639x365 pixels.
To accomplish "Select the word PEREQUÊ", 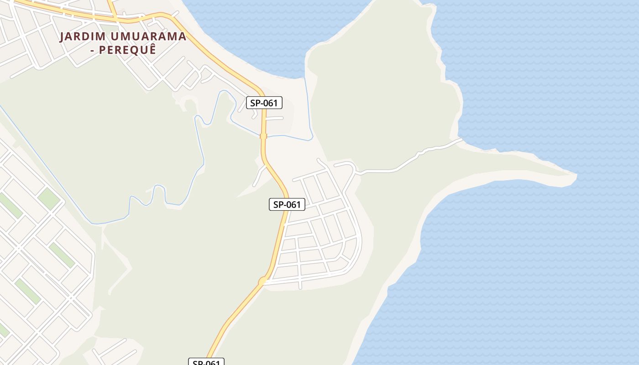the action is (x=128, y=50).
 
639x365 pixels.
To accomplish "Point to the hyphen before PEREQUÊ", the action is (x=93, y=50).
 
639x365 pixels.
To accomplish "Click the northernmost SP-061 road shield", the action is (x=264, y=103).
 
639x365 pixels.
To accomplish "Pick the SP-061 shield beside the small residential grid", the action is (x=287, y=205).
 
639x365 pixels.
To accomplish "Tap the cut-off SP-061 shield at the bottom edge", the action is (x=206, y=362).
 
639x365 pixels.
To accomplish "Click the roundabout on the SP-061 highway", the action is (x=263, y=282).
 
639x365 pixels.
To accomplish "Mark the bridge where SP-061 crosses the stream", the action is (x=263, y=136).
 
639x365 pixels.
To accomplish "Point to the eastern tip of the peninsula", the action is (x=575, y=175).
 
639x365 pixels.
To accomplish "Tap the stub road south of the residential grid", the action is (x=300, y=285).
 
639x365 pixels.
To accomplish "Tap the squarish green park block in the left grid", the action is (x=48, y=198).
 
